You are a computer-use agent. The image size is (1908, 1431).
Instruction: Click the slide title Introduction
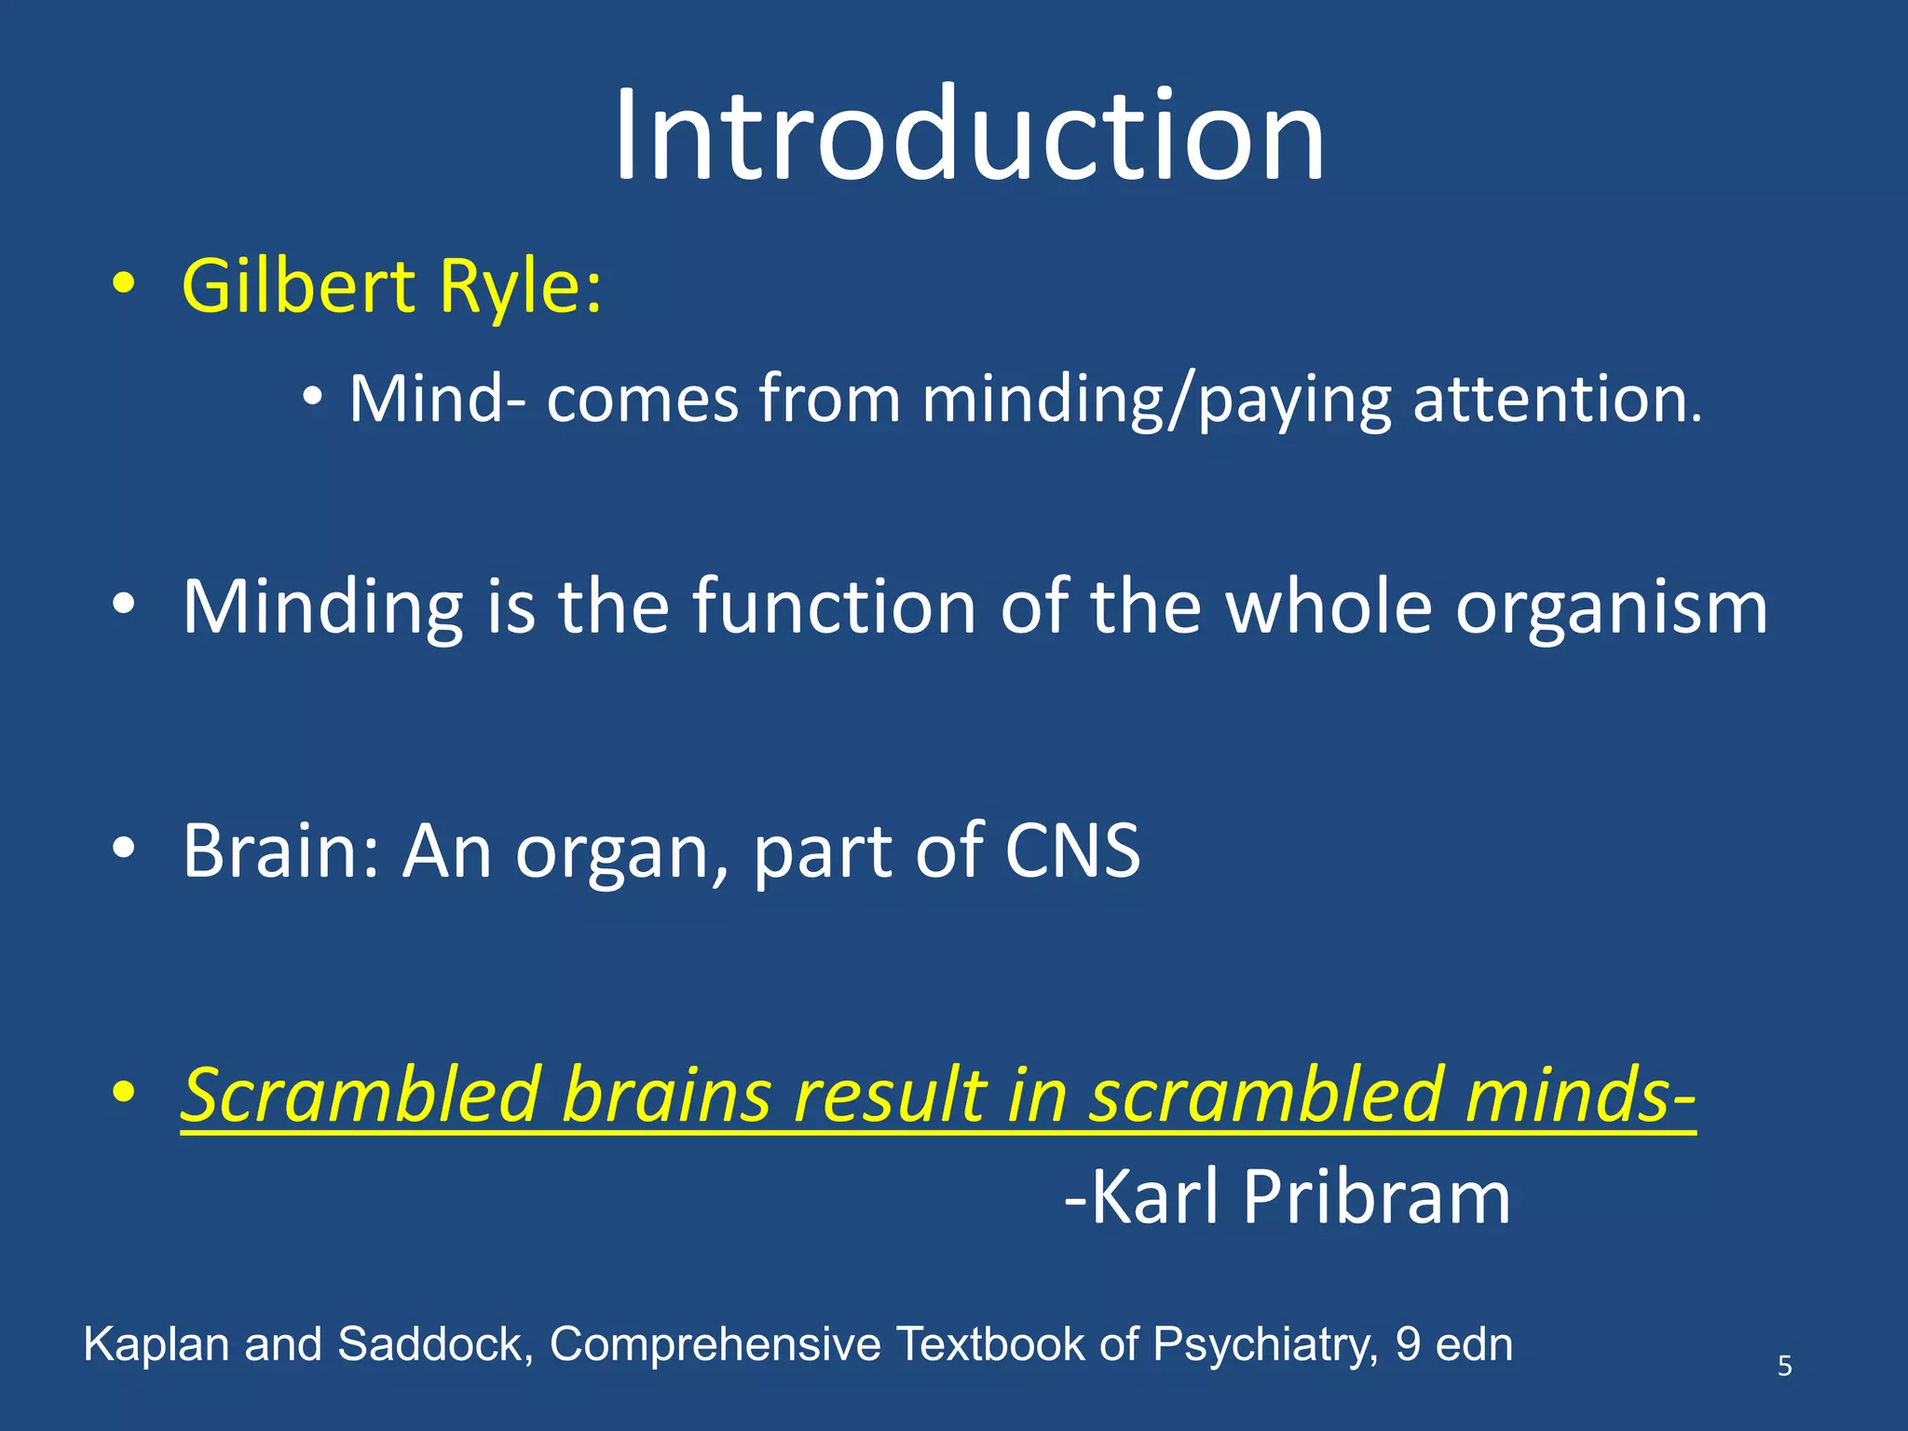coord(969,135)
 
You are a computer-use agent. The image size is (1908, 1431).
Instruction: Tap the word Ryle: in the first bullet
coord(521,287)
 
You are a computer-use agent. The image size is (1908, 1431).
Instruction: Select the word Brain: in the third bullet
coord(280,850)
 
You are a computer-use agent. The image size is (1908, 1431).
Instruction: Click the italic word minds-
coord(1579,1095)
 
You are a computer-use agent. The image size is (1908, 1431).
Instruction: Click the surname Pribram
coord(1376,1198)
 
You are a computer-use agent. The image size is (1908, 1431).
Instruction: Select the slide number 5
coord(1784,1366)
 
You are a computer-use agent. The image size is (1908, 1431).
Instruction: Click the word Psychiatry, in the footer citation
coord(1265,1345)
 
